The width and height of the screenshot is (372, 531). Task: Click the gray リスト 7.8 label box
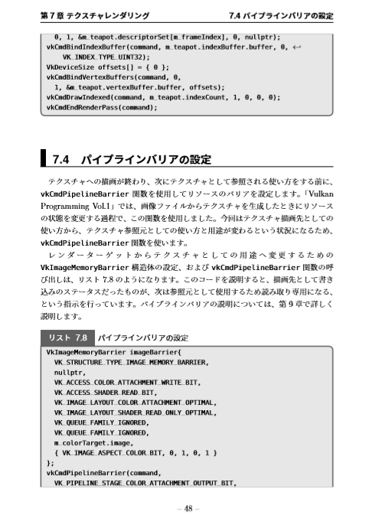(67, 337)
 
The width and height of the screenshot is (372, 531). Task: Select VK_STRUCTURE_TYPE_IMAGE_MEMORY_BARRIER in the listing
(131, 362)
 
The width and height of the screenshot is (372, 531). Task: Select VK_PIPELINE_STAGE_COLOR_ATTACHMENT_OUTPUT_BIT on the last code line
(141, 483)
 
